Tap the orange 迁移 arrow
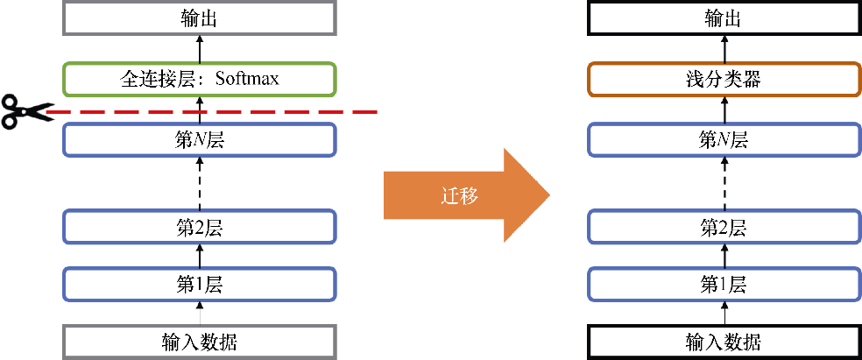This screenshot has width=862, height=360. coord(464,195)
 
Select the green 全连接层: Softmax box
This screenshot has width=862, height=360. coord(200,80)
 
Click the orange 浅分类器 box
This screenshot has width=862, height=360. coord(724,80)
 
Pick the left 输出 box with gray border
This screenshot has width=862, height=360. coord(200,18)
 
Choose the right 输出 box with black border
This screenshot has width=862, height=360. coord(724,18)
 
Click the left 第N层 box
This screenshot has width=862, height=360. coord(200,139)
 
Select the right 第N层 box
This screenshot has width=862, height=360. coord(724,139)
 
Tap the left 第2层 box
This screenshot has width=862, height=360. coord(200,228)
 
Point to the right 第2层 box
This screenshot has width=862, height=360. coord(724,228)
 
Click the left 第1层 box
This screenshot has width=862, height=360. coord(200,284)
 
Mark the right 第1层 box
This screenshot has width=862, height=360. coord(724,284)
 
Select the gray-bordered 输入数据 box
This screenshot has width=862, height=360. coord(200,342)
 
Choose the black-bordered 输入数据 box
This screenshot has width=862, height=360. coord(724,342)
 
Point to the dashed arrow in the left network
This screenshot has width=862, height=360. coord(200,183)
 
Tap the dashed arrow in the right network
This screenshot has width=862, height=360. coord(724,183)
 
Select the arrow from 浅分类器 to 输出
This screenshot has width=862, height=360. coord(724,48)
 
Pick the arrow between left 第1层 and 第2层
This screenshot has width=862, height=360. coord(200,256)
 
